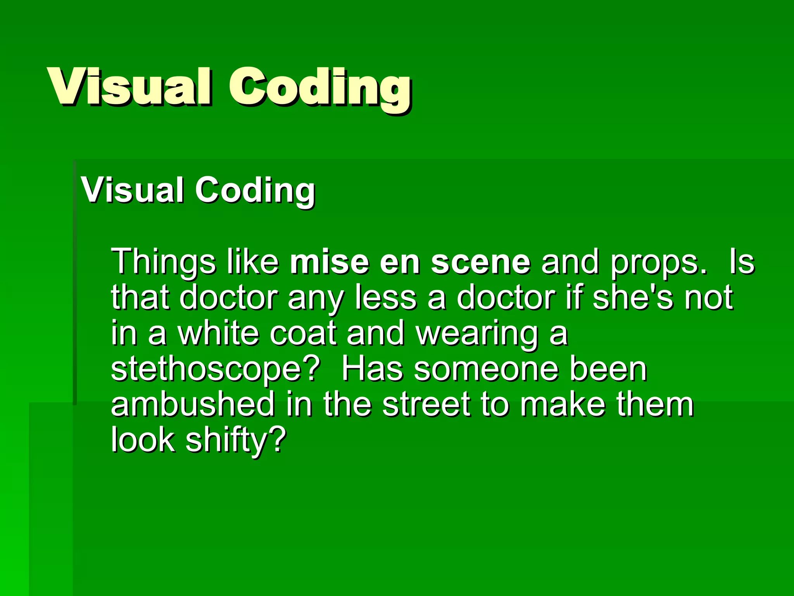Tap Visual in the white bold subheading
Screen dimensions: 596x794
pyautogui.click(x=132, y=190)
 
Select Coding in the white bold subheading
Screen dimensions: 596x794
pyautogui.click(x=255, y=191)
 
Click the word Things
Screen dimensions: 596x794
pyautogui.click(x=163, y=262)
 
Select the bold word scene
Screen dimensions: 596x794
pyautogui.click(x=480, y=262)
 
